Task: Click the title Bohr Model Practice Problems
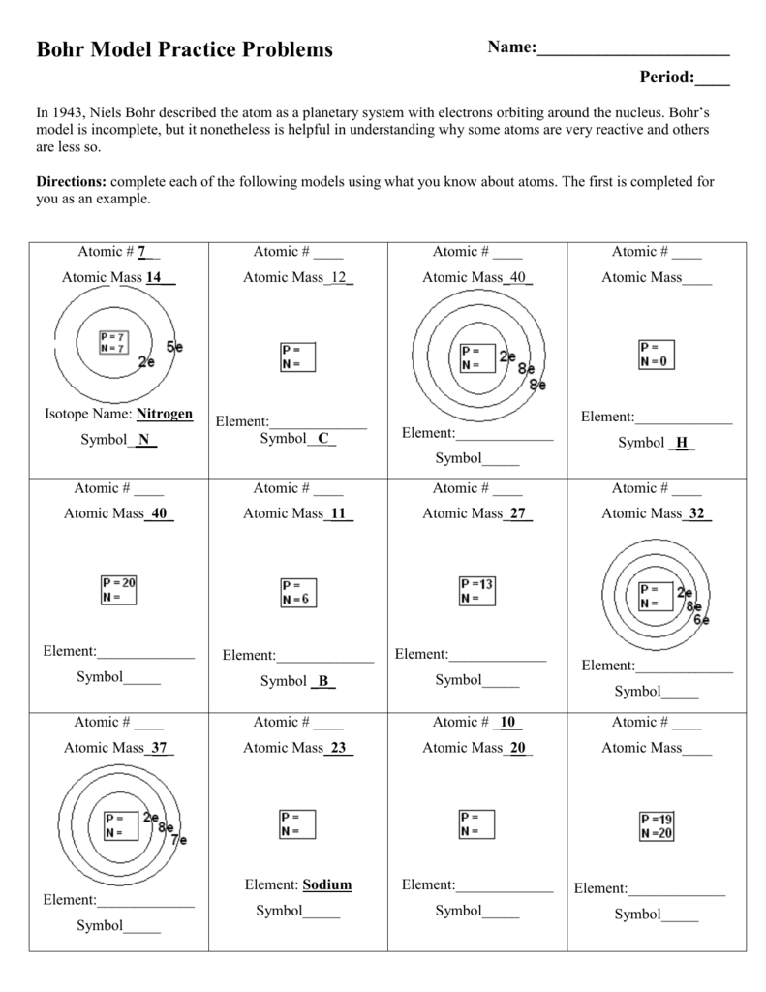pyautogui.click(x=184, y=49)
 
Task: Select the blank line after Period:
pyautogui.click(x=712, y=78)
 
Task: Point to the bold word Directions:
pyautogui.click(x=74, y=182)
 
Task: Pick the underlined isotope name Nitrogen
pyautogui.click(x=165, y=415)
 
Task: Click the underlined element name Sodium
pyautogui.click(x=326, y=884)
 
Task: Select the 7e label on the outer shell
pyautogui.click(x=178, y=840)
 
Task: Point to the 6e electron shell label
pyautogui.click(x=700, y=620)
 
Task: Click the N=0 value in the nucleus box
pyautogui.click(x=655, y=361)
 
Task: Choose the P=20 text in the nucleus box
pyautogui.click(x=119, y=583)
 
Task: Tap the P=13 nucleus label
pyautogui.click(x=477, y=584)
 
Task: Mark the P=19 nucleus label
pyautogui.click(x=656, y=818)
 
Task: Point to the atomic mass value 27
pyautogui.click(x=518, y=514)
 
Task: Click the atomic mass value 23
pyautogui.click(x=338, y=748)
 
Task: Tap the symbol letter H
pyautogui.click(x=682, y=443)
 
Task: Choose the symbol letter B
pyautogui.click(x=323, y=681)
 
